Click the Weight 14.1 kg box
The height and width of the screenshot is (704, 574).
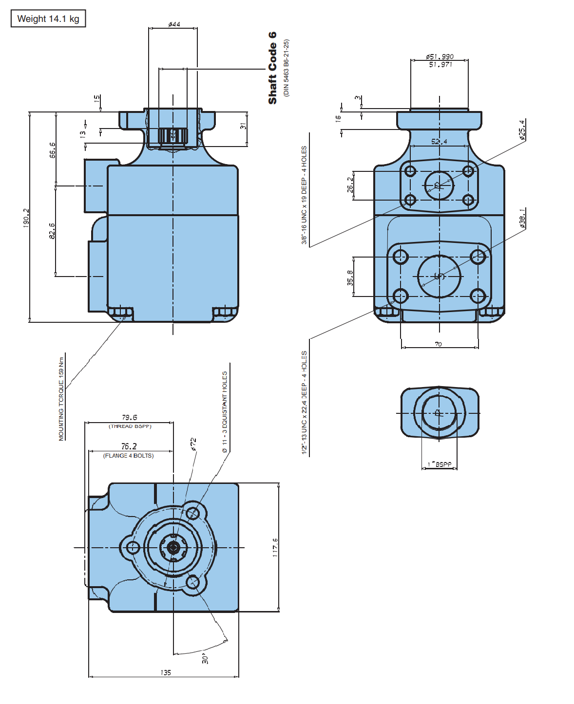(48, 19)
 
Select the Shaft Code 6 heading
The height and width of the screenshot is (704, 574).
(272, 68)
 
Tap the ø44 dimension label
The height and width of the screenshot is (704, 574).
(174, 24)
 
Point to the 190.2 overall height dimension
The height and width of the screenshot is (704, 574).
(26, 218)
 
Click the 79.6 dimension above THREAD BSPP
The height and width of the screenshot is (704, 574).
(130, 417)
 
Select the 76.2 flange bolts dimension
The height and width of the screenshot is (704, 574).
(129, 446)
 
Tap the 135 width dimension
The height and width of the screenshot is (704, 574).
(166, 672)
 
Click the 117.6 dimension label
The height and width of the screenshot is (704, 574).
(275, 548)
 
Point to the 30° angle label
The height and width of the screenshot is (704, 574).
(206, 659)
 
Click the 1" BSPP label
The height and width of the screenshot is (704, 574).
(440, 464)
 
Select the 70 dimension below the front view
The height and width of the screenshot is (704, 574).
(439, 344)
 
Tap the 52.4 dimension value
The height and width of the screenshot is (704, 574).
(439, 142)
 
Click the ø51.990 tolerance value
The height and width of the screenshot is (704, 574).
(440, 56)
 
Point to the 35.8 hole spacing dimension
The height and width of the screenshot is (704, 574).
(350, 277)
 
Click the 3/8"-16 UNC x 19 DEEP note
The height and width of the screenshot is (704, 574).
(304, 195)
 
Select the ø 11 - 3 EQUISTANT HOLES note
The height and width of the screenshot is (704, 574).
(225, 412)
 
